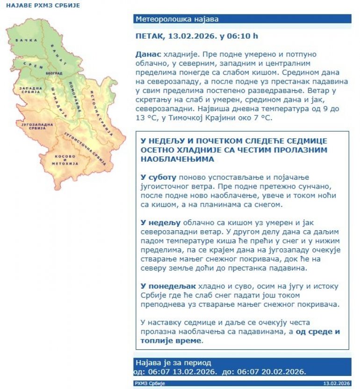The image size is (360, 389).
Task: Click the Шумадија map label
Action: pyautogui.click(x=58, y=99)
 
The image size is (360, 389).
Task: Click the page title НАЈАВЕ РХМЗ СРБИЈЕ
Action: pyautogui.click(x=43, y=6)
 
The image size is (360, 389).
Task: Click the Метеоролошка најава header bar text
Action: pyautogui.click(x=177, y=19)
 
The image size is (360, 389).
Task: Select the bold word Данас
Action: pyautogui.click(x=148, y=54)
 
